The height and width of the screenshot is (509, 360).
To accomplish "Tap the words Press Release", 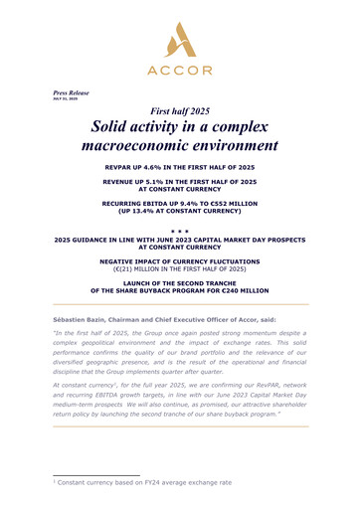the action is pos(71,92).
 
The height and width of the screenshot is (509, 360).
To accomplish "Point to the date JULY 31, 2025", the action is pos(66,100).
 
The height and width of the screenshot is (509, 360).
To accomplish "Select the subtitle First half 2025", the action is pos(179,113).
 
